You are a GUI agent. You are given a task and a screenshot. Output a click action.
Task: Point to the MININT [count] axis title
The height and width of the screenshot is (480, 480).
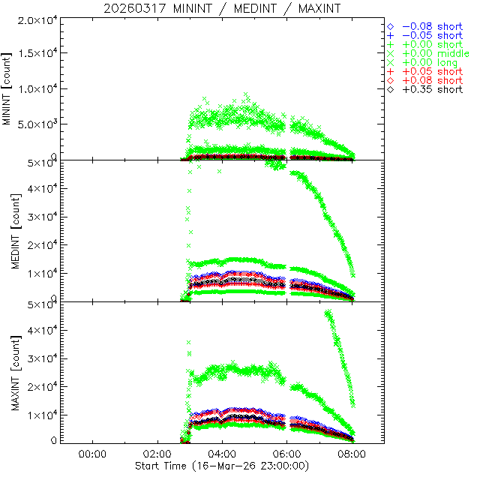pos(8,88)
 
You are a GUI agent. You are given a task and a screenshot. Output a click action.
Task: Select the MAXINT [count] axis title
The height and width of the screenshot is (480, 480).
pos(8,372)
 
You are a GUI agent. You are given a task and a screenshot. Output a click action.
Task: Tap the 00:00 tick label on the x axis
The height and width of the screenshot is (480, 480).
pos(91,454)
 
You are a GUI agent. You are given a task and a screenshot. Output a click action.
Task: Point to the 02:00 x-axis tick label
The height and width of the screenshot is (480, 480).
pos(157,454)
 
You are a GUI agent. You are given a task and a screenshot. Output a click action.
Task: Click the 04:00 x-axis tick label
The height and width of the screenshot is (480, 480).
pos(222,454)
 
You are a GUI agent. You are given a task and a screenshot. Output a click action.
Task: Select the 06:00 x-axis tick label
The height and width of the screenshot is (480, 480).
pos(287,454)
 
